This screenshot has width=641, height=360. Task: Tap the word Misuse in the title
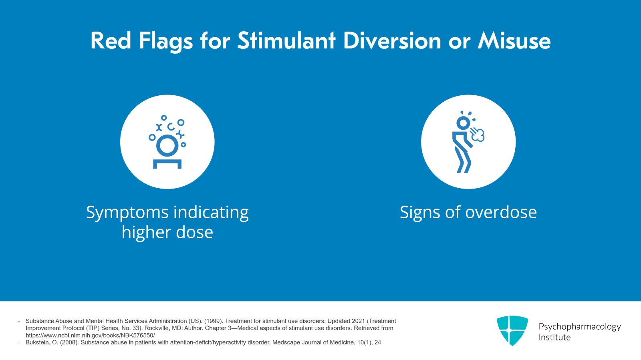[514, 41]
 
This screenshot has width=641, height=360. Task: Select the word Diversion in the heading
[392, 41]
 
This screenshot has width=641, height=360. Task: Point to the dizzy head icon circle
[167, 142]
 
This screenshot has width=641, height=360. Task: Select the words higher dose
[167, 232]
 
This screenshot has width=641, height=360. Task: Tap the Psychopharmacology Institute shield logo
[512, 330]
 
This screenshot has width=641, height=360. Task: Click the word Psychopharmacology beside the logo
[579, 326]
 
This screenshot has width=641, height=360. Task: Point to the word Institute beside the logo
[554, 337]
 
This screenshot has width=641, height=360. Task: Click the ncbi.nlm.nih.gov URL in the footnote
[90, 335]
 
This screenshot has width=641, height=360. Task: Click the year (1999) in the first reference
[213, 321]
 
